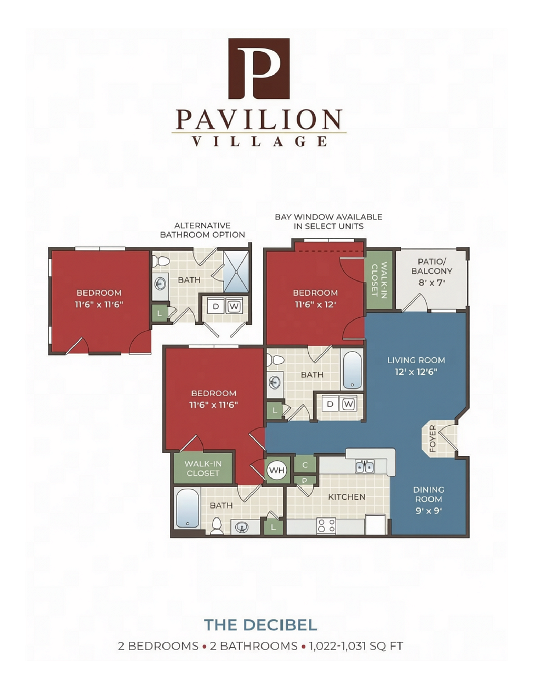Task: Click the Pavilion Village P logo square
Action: (x=259, y=68)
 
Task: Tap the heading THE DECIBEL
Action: (x=260, y=624)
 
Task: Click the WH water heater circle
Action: (x=277, y=470)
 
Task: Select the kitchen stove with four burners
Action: (x=326, y=526)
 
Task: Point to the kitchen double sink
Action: (x=364, y=466)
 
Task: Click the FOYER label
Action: (x=432, y=438)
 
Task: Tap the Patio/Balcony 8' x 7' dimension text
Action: (x=432, y=283)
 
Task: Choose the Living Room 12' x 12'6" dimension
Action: (x=416, y=372)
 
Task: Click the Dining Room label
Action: (x=428, y=494)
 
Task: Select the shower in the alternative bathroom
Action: (x=236, y=272)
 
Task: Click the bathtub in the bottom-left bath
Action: (x=188, y=508)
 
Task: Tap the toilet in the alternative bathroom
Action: (x=161, y=261)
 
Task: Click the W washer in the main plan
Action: (x=348, y=404)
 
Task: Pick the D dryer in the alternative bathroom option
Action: (x=216, y=306)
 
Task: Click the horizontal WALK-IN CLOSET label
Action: (x=203, y=468)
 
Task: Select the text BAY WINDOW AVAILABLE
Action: (x=328, y=217)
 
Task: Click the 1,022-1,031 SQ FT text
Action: (x=356, y=646)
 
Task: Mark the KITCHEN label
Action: (x=347, y=497)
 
